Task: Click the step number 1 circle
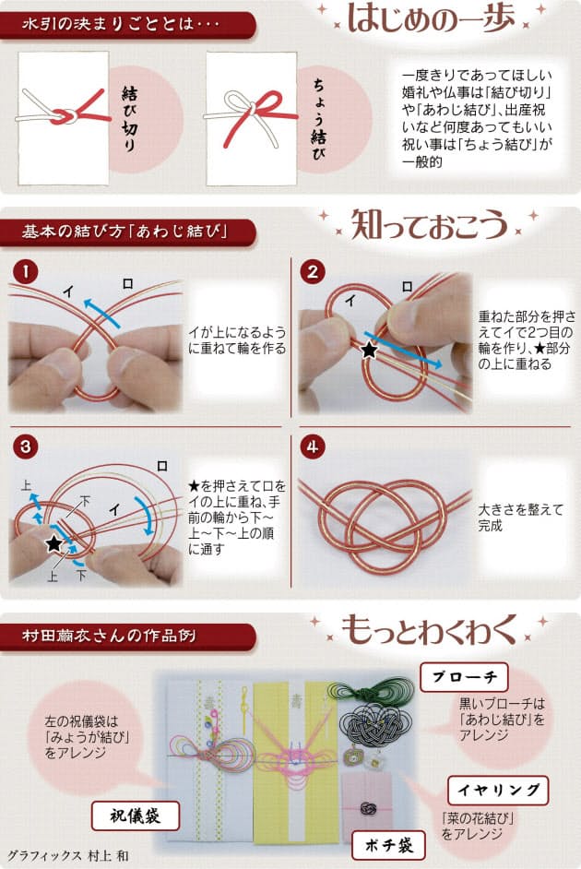pos(26,272)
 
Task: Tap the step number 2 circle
pos(313,272)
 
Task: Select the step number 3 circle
pos(26,446)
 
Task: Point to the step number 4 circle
pos(313,446)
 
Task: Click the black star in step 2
pos(369,350)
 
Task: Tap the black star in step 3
pos(53,543)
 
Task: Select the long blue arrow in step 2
pos(403,349)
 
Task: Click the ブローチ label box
pos(464,677)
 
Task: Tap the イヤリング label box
pos(498,791)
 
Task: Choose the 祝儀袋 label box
pos(136,815)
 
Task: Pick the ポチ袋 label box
pos(389,845)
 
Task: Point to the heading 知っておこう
pos(430,224)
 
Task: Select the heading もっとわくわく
pos(429,629)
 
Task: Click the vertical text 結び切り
pos(129,119)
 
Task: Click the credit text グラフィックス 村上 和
pos(68,855)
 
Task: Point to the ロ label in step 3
pos(161,466)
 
